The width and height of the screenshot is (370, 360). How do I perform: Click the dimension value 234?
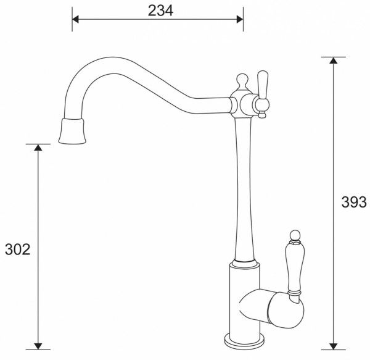(160, 10)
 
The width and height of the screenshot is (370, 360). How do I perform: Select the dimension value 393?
(355, 202)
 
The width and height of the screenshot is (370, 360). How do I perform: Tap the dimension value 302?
(17, 249)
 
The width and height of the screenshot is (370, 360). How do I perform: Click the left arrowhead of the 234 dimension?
(76, 19)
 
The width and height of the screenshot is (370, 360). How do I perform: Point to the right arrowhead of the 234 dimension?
(239, 19)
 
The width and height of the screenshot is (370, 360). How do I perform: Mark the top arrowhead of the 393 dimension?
(334, 61)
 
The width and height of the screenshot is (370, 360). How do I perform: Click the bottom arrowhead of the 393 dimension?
(334, 346)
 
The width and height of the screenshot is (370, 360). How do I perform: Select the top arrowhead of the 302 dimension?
(38, 148)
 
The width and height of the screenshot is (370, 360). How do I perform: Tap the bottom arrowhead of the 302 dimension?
(38, 346)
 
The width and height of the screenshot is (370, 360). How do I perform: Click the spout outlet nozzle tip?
(72, 132)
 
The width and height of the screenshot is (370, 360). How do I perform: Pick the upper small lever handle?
(262, 90)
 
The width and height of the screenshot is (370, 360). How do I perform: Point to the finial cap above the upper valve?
(242, 81)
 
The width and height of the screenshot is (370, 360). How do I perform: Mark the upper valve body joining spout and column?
(242, 104)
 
